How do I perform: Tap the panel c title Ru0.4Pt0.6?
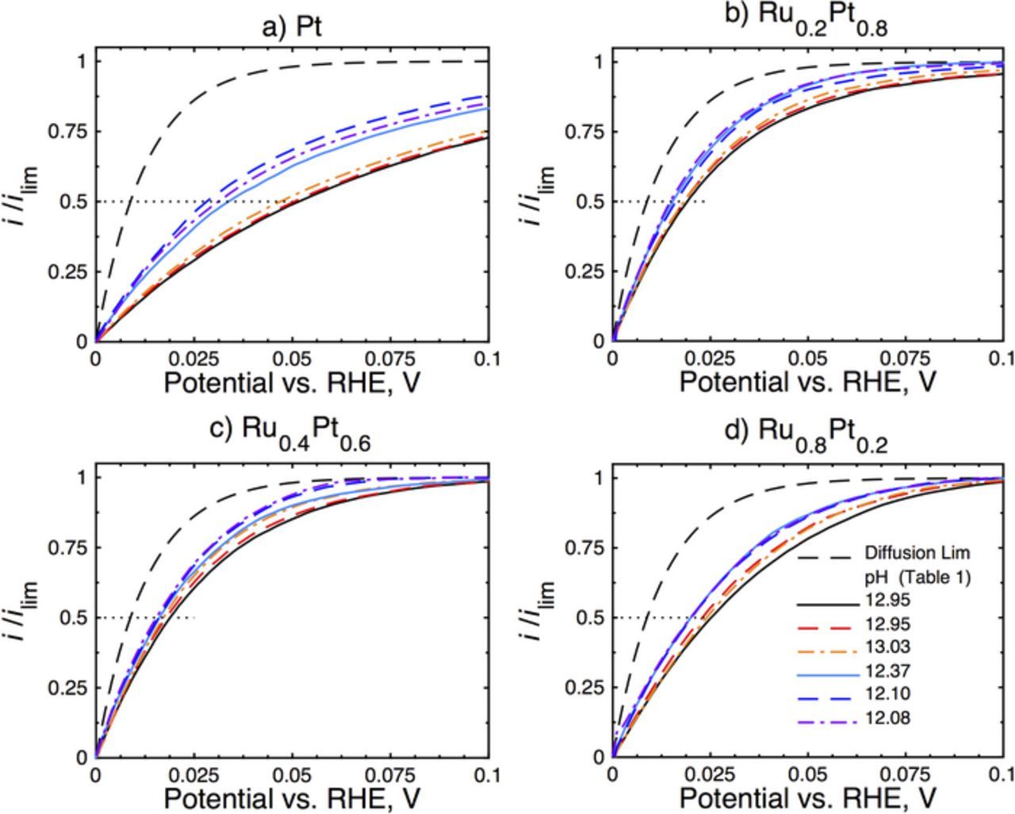[x=291, y=432]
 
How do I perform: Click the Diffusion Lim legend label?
[x=917, y=552]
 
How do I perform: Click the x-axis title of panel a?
[x=292, y=383]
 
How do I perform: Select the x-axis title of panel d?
[x=807, y=797]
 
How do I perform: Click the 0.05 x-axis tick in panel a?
[x=293, y=359]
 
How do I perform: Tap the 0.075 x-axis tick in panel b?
[x=906, y=359]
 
